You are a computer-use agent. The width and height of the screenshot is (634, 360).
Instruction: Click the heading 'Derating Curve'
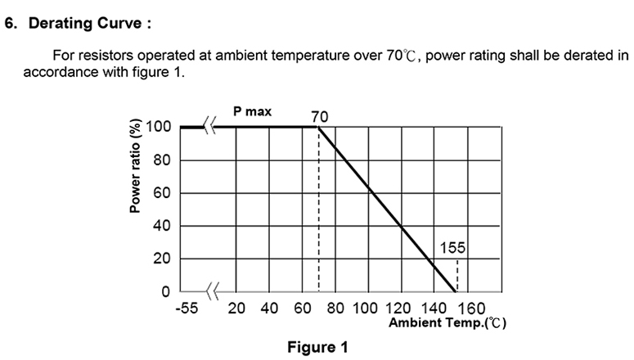pyautogui.click(x=89, y=23)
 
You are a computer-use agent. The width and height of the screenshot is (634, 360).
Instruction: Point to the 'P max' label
pyautogui.click(x=252, y=111)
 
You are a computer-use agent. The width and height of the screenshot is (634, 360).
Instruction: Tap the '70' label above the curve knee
pyautogui.click(x=319, y=116)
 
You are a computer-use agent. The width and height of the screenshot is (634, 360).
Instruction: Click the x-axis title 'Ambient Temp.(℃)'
pyautogui.click(x=447, y=323)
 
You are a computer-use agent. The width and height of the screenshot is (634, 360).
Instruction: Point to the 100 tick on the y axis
pyautogui.click(x=159, y=128)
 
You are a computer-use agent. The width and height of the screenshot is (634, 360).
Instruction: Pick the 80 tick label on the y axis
pyautogui.click(x=162, y=160)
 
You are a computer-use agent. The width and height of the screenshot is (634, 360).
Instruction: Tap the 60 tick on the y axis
pyautogui.click(x=162, y=193)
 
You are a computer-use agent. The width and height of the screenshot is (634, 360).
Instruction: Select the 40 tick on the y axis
pyautogui.click(x=162, y=226)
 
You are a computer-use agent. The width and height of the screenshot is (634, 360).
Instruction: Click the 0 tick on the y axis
pyautogui.click(x=165, y=291)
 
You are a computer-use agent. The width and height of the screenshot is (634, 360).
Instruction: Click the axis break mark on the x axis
pyautogui.click(x=212, y=290)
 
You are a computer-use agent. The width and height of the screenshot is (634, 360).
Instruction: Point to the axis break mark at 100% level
pyautogui.click(x=210, y=127)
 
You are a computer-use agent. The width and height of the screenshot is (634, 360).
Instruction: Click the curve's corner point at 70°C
pyautogui.click(x=317, y=128)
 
